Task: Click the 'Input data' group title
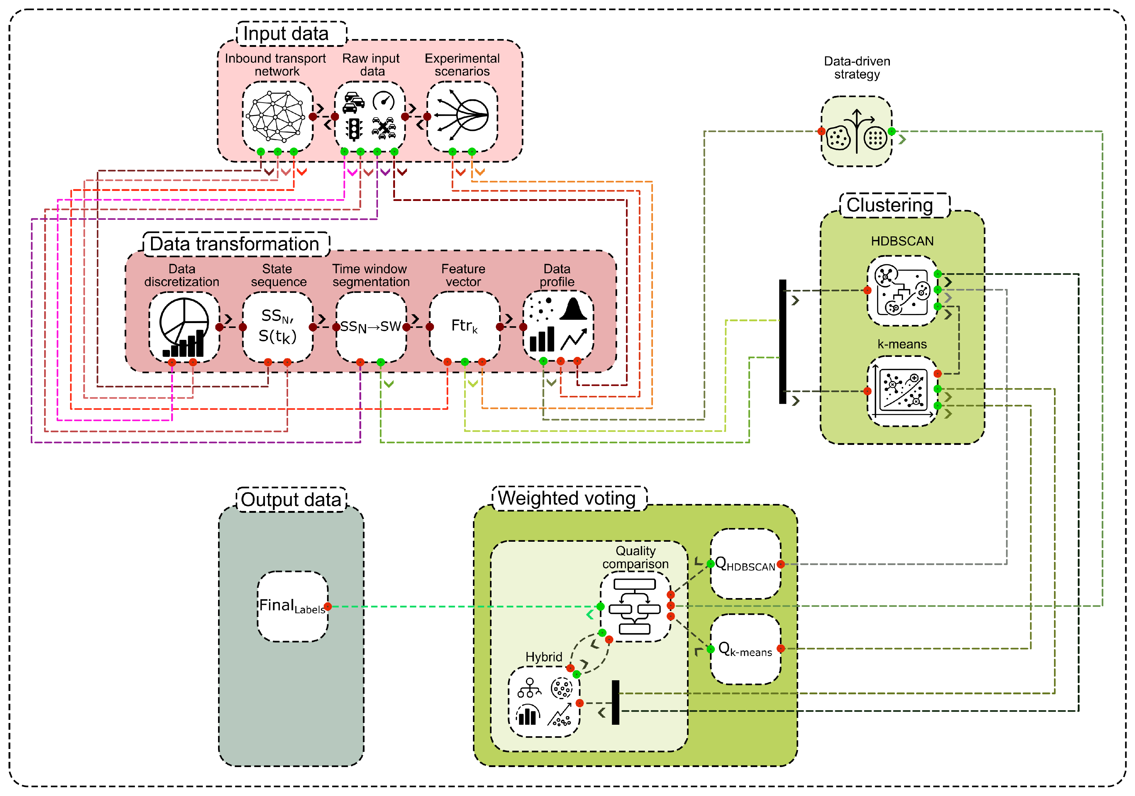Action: pos(286,33)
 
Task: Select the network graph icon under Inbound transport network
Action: pos(277,117)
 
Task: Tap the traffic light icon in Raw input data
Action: pos(354,129)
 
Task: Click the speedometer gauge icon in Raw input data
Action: pos(384,101)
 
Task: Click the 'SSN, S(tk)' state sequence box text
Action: pos(277,326)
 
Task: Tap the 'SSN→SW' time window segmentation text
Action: pos(370,327)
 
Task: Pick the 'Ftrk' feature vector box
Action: pos(464,326)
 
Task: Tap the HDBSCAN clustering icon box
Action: pos(902,291)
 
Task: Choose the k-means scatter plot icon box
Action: pos(902,391)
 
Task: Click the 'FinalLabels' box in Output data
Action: pos(292,607)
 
